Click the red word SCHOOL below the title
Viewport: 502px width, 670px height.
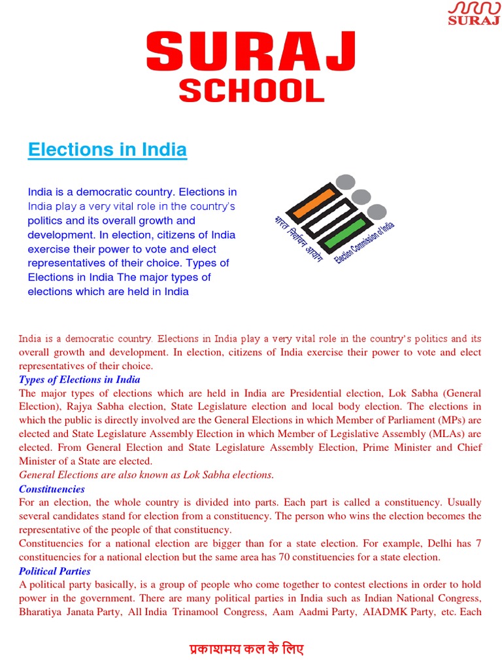coord(252,90)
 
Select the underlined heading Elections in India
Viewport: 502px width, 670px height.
coord(107,150)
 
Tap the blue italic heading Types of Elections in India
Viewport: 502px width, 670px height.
coord(79,379)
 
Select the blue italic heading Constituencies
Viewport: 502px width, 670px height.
coord(52,489)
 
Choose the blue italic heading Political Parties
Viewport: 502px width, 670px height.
coord(55,571)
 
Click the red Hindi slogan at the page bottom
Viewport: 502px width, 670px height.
coord(246,650)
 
